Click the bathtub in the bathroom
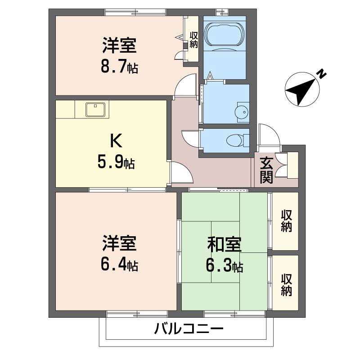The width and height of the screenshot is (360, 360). tap(225, 34)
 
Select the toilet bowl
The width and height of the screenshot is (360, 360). tap(234, 139)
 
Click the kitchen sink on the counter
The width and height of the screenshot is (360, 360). tap(96, 109)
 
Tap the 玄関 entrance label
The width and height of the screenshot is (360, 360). tap(266, 170)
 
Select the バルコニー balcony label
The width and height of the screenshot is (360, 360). tap(189, 329)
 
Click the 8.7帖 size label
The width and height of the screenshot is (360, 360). tap(119, 68)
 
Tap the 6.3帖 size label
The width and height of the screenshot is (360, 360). tap(224, 266)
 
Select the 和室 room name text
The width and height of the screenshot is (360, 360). tap(224, 245)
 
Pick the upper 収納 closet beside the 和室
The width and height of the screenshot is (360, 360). tap(286, 220)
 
